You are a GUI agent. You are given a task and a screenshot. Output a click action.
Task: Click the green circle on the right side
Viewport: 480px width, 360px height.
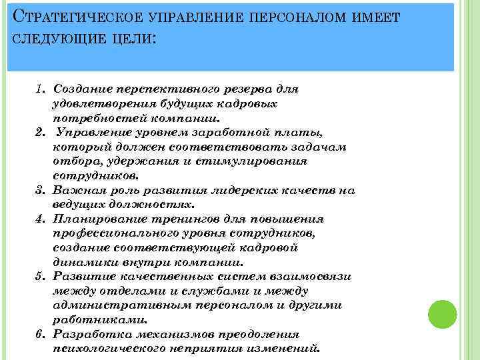coord(441,313)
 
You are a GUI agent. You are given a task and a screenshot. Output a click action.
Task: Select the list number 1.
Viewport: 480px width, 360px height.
coord(40,89)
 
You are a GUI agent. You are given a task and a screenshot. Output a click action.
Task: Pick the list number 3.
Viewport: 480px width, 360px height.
coord(40,190)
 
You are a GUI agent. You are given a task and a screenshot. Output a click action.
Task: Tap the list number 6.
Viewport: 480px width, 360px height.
coord(40,334)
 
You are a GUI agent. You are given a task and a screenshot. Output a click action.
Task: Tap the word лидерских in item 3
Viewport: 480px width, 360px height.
coord(243,190)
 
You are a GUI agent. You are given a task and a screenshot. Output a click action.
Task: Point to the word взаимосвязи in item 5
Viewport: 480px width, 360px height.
coord(311,277)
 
